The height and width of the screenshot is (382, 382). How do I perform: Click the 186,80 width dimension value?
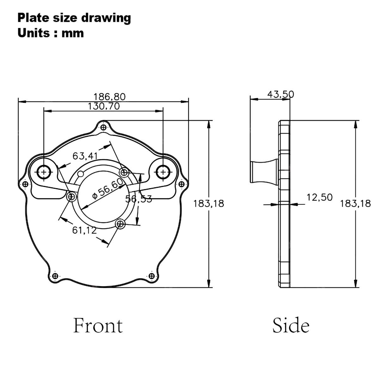[x=109, y=97]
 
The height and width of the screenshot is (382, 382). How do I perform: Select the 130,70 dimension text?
[x=104, y=106]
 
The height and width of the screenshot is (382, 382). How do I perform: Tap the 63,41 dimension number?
[x=85, y=156]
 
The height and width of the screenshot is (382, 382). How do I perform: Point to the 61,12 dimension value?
[x=84, y=230]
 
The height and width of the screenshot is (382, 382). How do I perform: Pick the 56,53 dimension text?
[x=139, y=199]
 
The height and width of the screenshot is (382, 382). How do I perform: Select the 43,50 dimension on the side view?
[x=280, y=94]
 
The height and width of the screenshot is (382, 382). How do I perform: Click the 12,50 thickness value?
[x=319, y=197]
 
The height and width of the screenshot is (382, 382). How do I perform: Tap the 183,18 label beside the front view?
[x=208, y=204]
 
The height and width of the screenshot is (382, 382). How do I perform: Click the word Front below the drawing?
[x=98, y=325]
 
